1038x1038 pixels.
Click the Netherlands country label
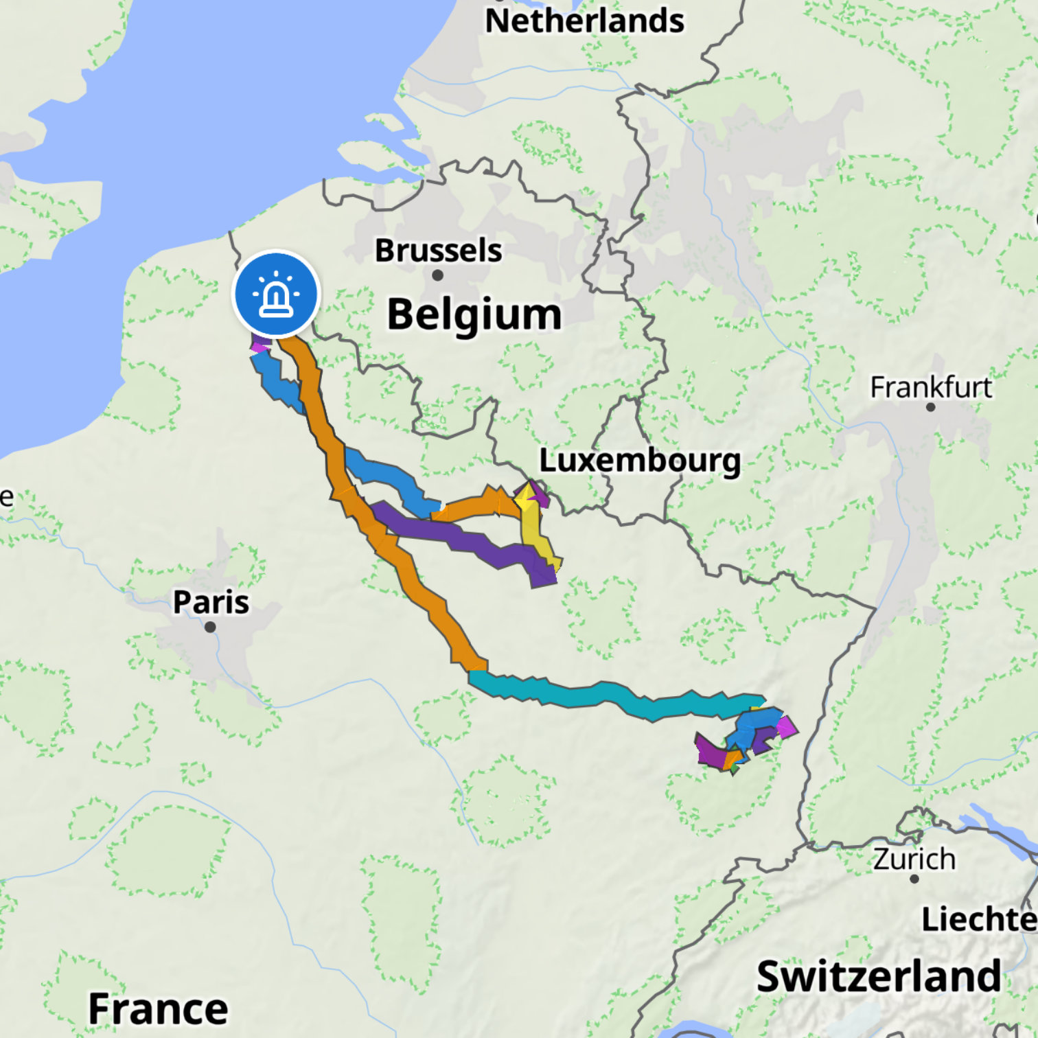[x=584, y=21]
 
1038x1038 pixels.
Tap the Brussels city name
[x=438, y=251]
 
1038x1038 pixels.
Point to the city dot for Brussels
[x=437, y=275]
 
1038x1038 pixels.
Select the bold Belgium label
[x=474, y=314]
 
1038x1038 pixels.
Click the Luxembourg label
[x=639, y=461]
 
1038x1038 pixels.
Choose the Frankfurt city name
[x=930, y=387]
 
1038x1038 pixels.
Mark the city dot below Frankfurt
[x=930, y=407]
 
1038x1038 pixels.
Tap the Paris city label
[x=211, y=602]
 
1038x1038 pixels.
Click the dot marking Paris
[x=210, y=627]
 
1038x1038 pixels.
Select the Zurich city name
[x=914, y=859]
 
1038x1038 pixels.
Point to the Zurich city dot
[x=914, y=879]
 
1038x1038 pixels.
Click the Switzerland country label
[x=879, y=976]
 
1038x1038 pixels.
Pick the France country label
[x=158, y=1008]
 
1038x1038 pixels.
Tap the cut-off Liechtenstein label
[x=978, y=919]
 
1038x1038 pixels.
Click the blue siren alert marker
[x=276, y=293]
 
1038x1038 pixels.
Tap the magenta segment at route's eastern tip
[x=787, y=726]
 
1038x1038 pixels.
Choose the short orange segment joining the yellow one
[x=474, y=507]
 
